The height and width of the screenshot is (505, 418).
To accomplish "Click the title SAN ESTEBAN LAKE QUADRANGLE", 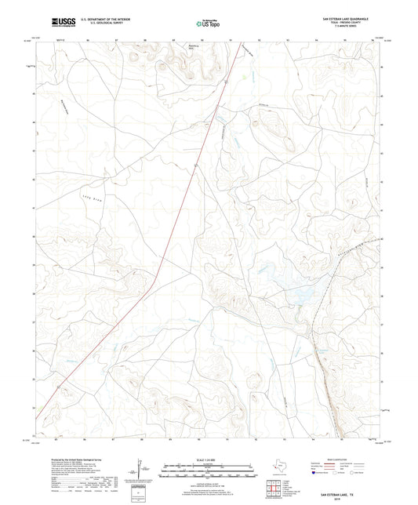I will (344, 16).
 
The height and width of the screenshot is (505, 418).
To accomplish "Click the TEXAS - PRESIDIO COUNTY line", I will (344, 21).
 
